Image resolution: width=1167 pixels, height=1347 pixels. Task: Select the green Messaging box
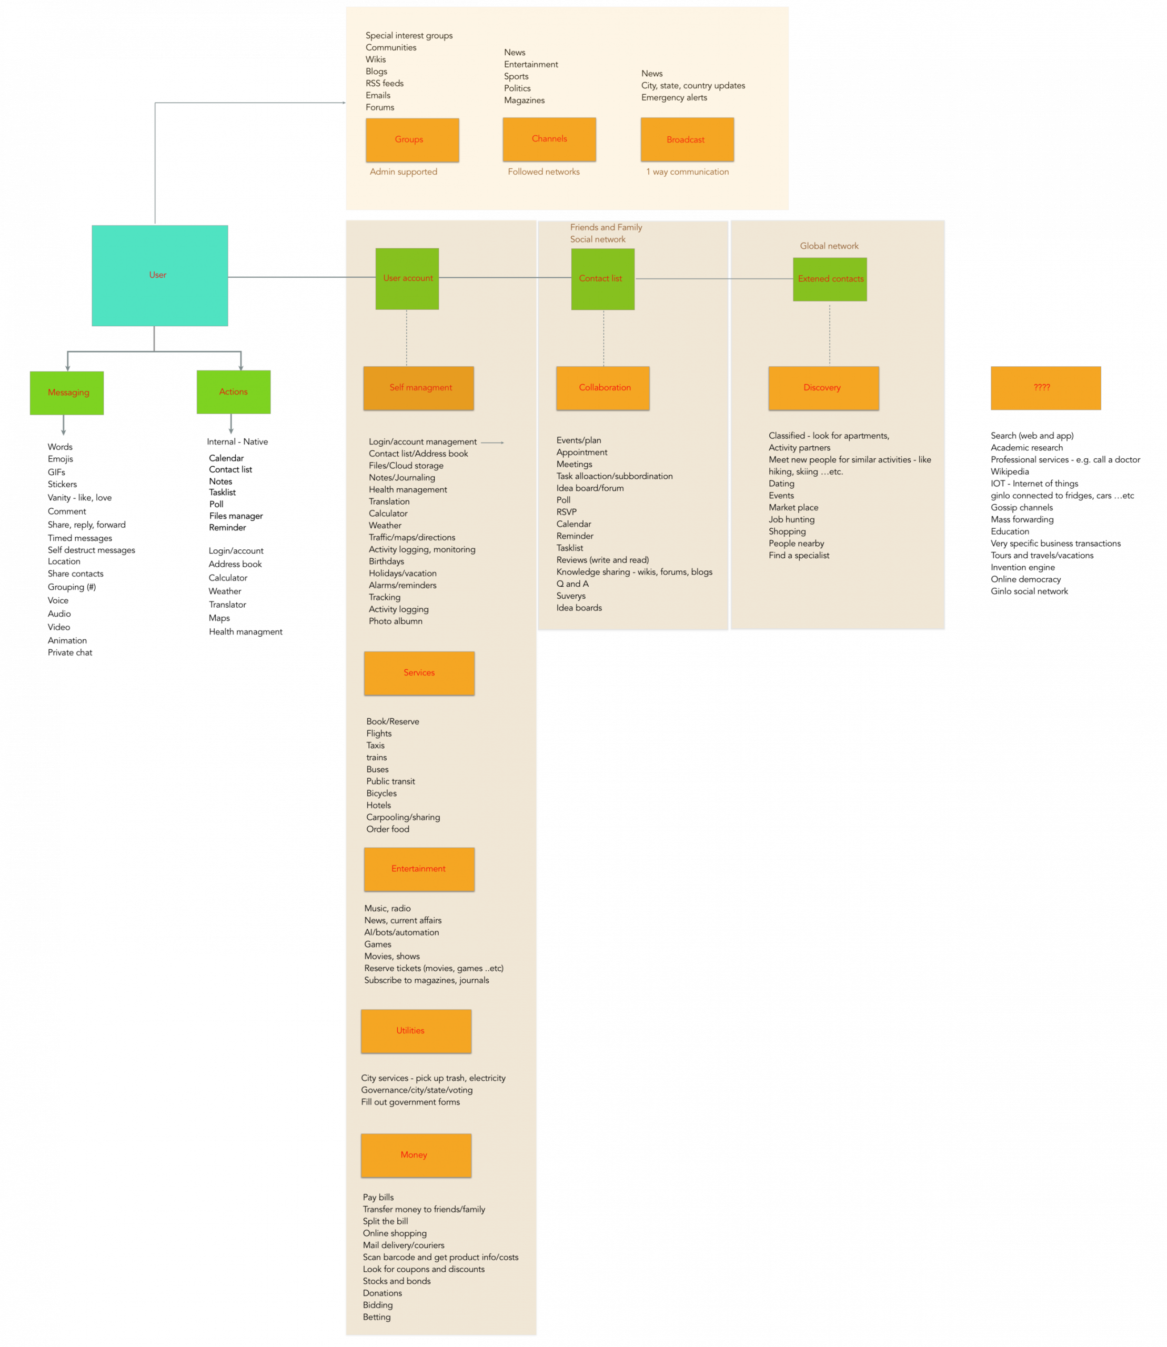coord(66,393)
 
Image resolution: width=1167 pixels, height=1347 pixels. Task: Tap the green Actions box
coord(234,392)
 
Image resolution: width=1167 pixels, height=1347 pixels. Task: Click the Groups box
coord(412,140)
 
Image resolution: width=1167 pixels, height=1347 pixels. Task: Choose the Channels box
coord(549,139)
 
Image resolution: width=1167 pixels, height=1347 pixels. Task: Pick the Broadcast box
coord(687,139)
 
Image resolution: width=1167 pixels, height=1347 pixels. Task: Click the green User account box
coord(407,279)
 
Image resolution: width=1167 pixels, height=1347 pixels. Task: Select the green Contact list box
coord(602,279)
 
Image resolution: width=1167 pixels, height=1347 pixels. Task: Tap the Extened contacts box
coord(830,279)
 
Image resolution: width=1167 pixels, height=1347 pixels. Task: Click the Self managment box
coord(419,388)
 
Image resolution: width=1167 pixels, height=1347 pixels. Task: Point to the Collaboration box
coord(602,388)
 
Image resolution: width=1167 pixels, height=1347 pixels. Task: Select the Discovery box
coord(823,388)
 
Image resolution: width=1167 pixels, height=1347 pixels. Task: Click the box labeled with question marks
coord(1045,388)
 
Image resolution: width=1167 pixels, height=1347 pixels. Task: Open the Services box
coord(419,673)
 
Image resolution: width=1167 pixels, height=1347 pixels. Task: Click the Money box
coord(416,1155)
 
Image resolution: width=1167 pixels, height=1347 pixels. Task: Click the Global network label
coord(829,246)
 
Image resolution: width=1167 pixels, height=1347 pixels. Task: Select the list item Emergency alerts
coord(674,98)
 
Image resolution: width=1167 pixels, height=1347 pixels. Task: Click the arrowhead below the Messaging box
coord(63,432)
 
